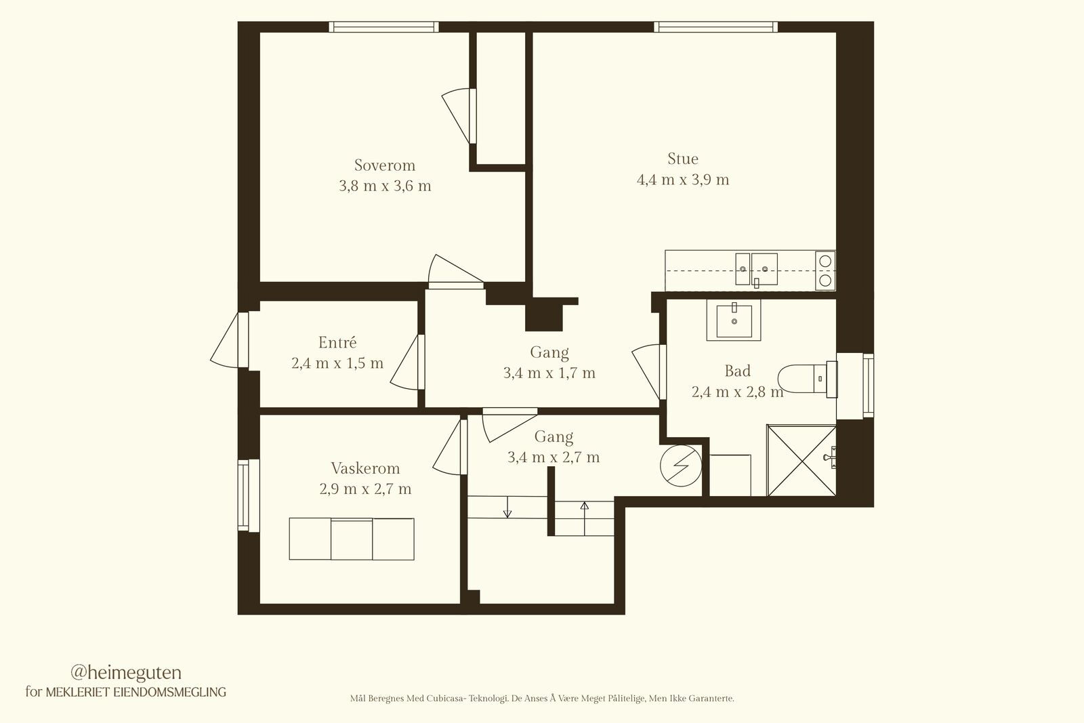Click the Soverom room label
pyautogui.click(x=385, y=165)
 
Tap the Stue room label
pyautogui.click(x=683, y=159)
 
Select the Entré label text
pyautogui.click(x=337, y=342)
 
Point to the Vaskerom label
pyautogui.click(x=365, y=468)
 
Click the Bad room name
pyautogui.click(x=738, y=371)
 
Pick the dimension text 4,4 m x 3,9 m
pyautogui.click(x=683, y=180)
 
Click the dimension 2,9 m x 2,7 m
pyautogui.click(x=365, y=489)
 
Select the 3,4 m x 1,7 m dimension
pyautogui.click(x=549, y=373)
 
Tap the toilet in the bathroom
pyautogui.click(x=807, y=378)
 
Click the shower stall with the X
pyautogui.click(x=802, y=460)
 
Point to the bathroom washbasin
pyautogui.click(x=734, y=320)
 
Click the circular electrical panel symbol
pyautogui.click(x=681, y=466)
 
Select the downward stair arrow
pyautogui.click(x=507, y=507)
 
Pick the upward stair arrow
pyautogui.click(x=585, y=518)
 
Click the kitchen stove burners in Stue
pyautogui.click(x=825, y=270)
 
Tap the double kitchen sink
pyautogui.click(x=756, y=269)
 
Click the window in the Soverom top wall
pyautogui.click(x=383, y=26)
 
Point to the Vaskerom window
pyautogui.click(x=248, y=495)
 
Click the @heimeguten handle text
pyautogui.click(x=126, y=673)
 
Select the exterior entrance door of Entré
pyautogui.click(x=230, y=339)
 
